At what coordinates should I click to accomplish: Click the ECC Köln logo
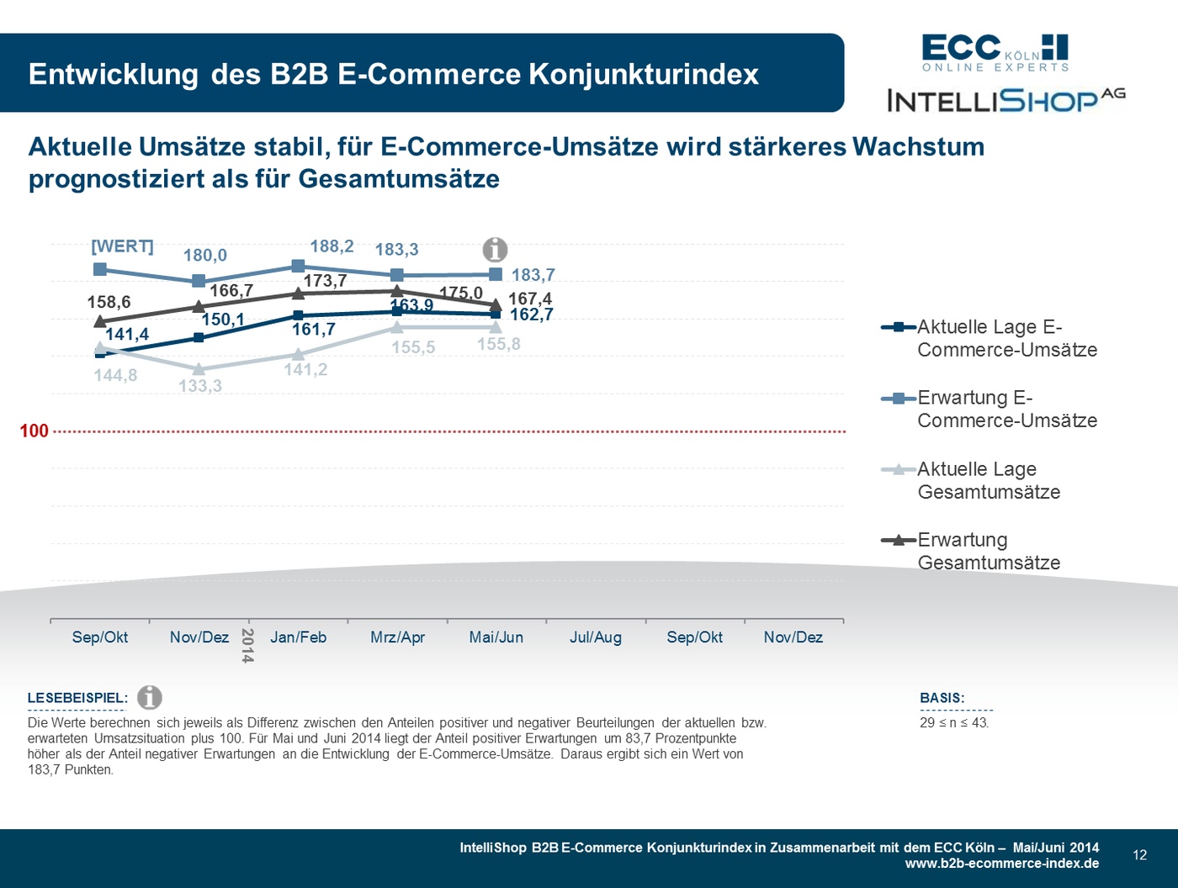(995, 52)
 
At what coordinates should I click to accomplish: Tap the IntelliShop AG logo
(1006, 100)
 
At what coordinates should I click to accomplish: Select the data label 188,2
(332, 246)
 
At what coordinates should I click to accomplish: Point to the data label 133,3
(200, 386)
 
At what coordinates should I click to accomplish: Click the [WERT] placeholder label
(122, 246)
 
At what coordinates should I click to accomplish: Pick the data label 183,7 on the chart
(533, 275)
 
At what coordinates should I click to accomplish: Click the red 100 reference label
(34, 431)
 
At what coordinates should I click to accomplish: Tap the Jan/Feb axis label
(298, 637)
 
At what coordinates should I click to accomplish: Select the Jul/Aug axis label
(596, 637)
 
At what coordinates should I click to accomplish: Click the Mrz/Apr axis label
(397, 637)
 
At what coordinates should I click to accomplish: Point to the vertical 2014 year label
(247, 645)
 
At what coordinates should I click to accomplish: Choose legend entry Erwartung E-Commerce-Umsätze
(1006, 409)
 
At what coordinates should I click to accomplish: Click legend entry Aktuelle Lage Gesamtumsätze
(988, 480)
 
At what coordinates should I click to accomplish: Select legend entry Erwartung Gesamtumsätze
(988, 551)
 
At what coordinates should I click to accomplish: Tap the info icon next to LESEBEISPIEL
(150, 697)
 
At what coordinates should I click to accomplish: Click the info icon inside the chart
(495, 250)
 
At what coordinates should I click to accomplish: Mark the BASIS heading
(942, 698)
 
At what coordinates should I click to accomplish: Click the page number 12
(1139, 855)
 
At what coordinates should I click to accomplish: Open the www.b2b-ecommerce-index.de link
(1001, 864)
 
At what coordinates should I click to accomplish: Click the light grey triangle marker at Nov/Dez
(199, 369)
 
